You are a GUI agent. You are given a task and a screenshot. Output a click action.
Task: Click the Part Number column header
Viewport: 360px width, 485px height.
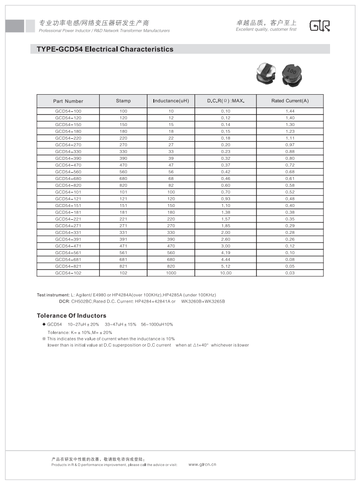click(x=68, y=101)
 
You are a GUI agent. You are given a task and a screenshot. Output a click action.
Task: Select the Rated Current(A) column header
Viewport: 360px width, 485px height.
click(x=290, y=101)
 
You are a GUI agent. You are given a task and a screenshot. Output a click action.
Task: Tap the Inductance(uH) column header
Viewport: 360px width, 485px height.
click(x=171, y=101)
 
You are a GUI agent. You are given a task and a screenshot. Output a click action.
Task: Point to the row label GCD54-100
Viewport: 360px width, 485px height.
click(x=68, y=111)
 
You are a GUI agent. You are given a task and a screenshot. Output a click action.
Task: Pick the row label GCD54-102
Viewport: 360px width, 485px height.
click(x=68, y=273)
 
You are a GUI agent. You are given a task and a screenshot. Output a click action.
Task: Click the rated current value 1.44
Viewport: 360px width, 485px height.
click(x=290, y=111)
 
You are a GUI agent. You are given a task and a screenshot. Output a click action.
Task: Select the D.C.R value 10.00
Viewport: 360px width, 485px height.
click(x=226, y=273)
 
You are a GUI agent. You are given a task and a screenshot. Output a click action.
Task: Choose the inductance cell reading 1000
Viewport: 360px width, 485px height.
click(x=171, y=273)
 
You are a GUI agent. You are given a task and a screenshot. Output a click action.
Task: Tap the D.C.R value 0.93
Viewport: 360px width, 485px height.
click(x=226, y=199)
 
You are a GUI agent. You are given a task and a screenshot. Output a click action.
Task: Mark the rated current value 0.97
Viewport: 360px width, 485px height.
click(x=290, y=145)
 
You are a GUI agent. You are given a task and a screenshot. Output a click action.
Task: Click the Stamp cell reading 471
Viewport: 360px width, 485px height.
click(x=123, y=246)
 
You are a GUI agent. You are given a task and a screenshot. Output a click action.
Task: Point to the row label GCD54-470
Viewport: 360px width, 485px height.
click(x=68, y=165)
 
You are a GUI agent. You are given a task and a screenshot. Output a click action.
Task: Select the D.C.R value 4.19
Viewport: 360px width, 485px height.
click(x=226, y=253)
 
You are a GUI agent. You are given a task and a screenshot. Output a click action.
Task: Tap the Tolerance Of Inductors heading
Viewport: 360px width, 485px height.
click(x=71, y=316)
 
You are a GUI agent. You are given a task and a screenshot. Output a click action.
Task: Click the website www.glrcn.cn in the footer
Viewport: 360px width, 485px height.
click(x=202, y=464)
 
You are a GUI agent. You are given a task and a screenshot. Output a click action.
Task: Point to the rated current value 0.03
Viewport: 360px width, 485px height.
click(x=290, y=273)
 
